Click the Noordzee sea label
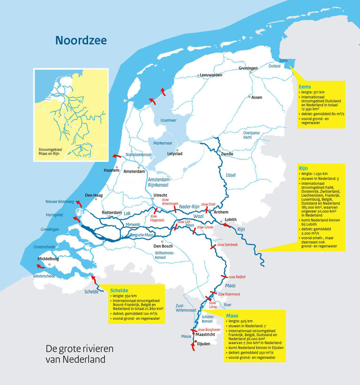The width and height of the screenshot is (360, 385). coord(81,40)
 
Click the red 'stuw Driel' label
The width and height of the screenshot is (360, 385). coord(208,204)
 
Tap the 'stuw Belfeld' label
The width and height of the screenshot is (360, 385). coord(237,277)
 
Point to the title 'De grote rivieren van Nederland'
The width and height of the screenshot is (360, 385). coord(79,355)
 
